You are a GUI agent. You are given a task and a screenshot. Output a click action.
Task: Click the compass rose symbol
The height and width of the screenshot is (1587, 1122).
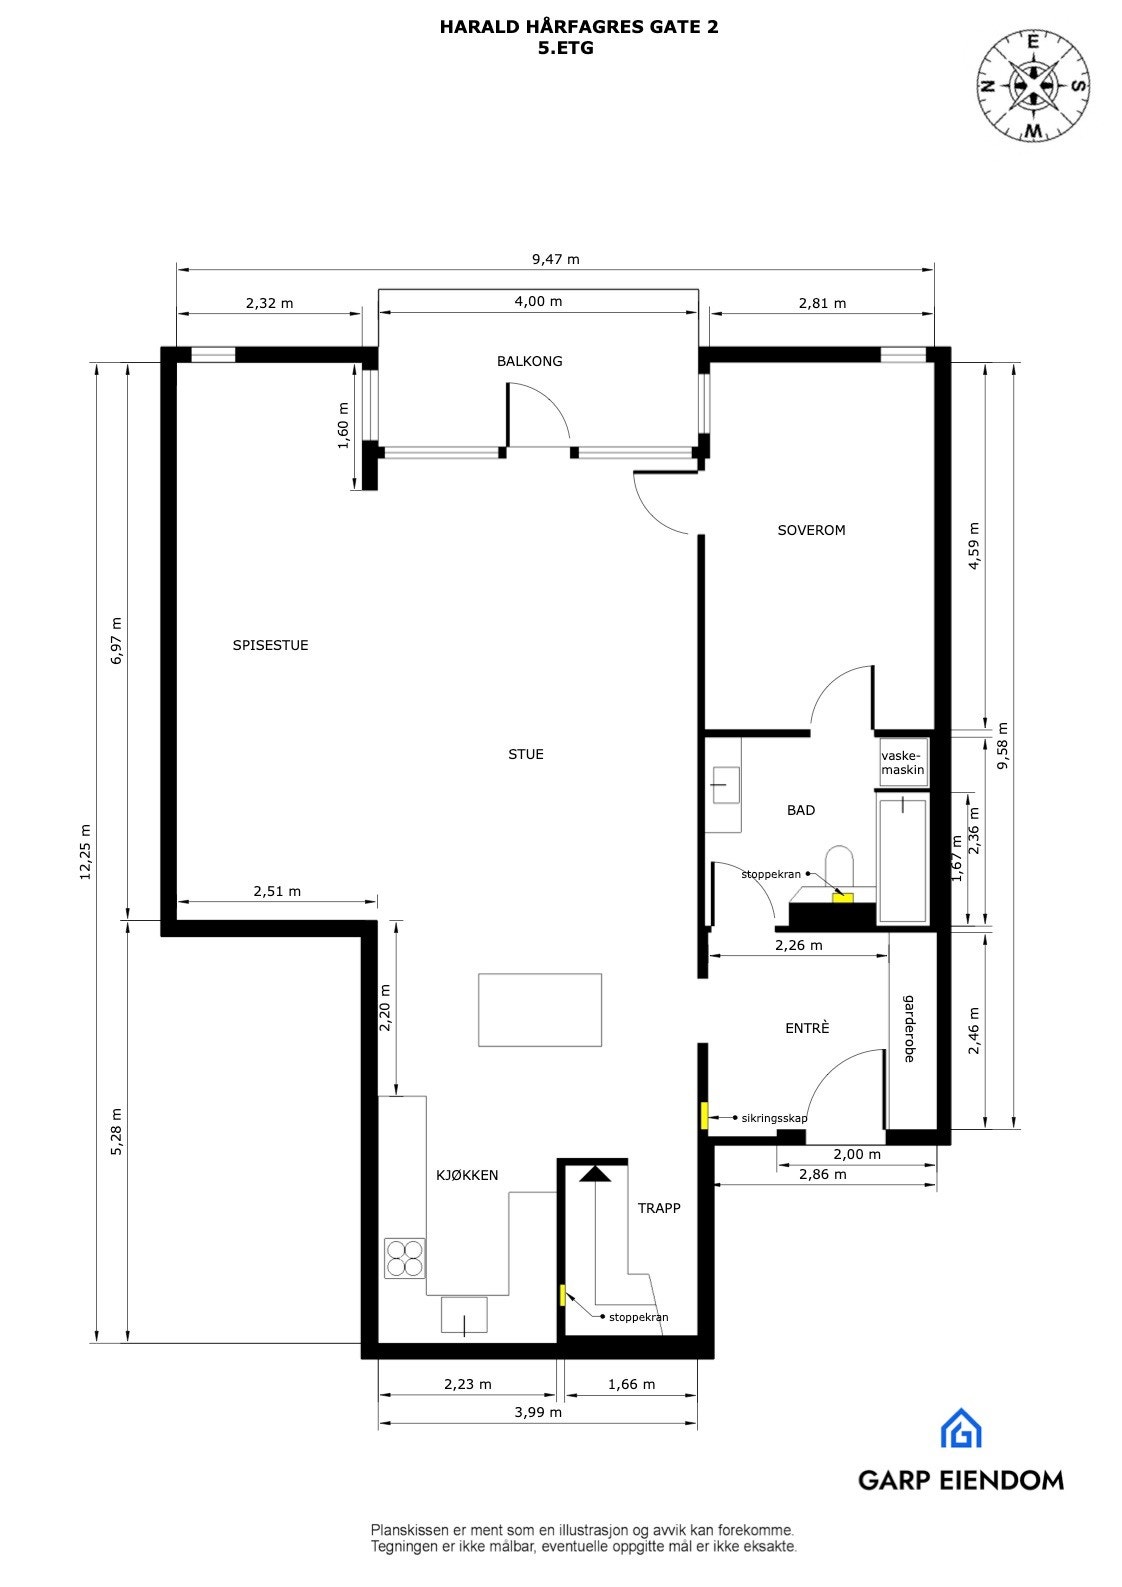click(1033, 86)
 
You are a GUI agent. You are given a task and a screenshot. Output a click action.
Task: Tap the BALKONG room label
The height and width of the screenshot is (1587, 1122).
click(529, 361)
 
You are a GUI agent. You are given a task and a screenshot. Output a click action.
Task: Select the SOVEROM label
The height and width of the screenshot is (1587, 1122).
click(811, 530)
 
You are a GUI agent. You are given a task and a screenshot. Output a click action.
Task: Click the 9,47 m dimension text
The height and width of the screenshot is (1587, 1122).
click(555, 259)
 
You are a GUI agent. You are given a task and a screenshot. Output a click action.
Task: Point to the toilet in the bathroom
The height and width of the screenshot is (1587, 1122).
click(839, 866)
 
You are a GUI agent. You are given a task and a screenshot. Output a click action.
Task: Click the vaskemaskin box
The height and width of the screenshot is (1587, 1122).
click(903, 764)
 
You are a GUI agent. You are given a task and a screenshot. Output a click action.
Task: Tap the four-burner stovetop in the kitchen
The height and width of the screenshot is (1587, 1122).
click(405, 1258)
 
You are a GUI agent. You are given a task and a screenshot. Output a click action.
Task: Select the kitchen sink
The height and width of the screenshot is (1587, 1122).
click(464, 1314)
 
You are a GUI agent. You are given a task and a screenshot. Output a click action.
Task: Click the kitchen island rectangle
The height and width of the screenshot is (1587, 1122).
click(540, 1009)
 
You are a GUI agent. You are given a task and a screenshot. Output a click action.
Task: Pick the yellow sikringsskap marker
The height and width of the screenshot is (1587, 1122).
click(705, 1116)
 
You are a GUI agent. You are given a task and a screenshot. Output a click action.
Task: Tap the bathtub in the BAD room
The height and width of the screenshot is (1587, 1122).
click(902, 858)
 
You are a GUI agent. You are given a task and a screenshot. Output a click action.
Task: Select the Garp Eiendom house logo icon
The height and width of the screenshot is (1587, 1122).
click(960, 1428)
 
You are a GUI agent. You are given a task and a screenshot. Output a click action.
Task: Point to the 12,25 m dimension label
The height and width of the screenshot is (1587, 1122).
click(85, 851)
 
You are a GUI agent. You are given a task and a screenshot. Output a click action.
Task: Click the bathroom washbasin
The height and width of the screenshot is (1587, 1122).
click(725, 786)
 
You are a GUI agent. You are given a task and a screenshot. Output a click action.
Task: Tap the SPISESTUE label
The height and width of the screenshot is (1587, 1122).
click(270, 645)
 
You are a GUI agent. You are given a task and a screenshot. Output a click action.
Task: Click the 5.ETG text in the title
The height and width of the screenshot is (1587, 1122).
click(566, 47)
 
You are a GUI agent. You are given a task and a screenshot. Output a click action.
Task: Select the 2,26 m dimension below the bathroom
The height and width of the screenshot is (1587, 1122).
click(798, 945)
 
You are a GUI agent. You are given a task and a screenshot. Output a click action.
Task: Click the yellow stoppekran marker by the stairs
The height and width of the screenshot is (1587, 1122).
click(563, 1295)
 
